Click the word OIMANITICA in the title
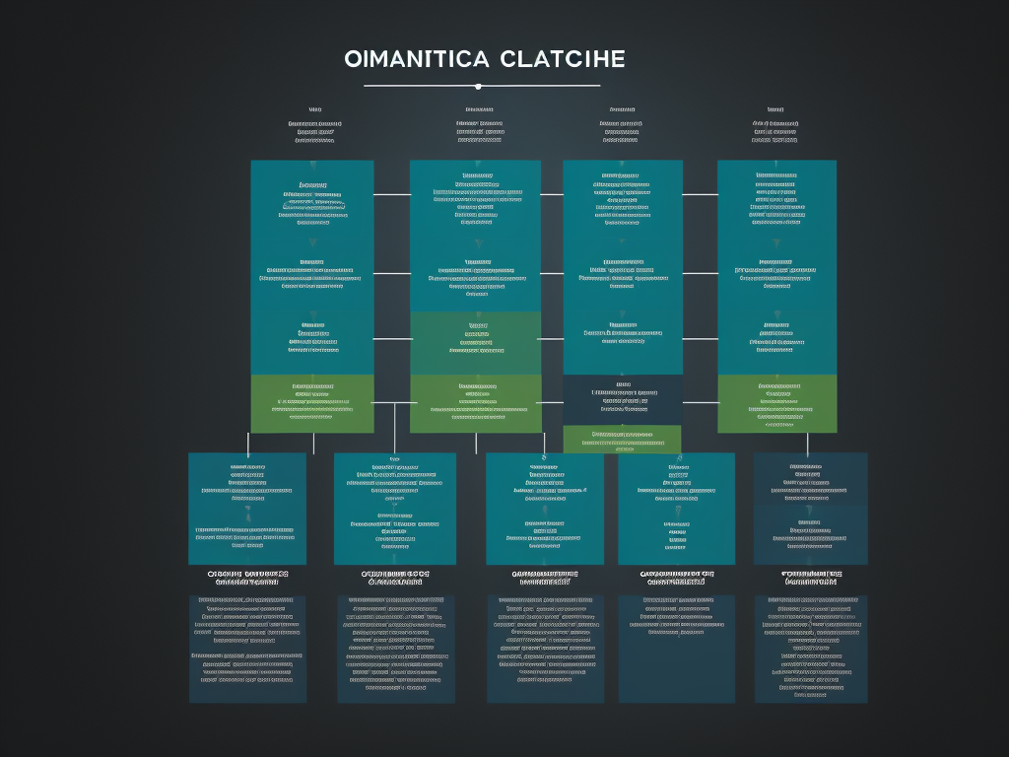tap(416, 59)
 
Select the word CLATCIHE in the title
tap(563, 59)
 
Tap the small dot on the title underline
tap(478, 87)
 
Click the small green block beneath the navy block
tap(622, 439)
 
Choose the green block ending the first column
tap(312, 403)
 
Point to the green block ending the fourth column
tap(776, 403)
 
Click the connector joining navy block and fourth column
tap(700, 402)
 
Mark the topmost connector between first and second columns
tap(391, 195)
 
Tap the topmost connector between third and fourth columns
tap(700, 195)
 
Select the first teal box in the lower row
tap(247, 509)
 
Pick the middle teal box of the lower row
tap(545, 509)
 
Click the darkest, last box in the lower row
tap(811, 509)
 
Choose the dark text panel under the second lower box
tap(395, 649)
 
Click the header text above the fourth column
tap(775, 125)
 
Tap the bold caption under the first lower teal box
tap(247, 578)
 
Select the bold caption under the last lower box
tap(811, 578)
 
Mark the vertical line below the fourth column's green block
tap(807, 444)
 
